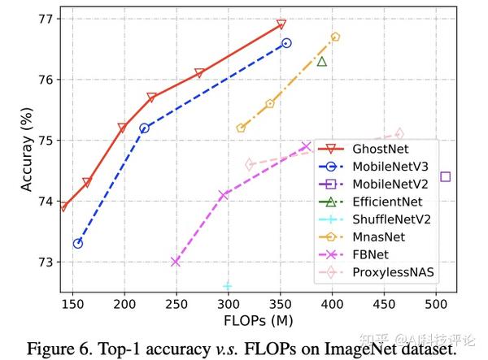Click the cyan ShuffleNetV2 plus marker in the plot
[228, 286]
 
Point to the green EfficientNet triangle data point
[322, 61]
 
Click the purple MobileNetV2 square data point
[445, 176]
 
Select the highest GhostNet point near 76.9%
[281, 24]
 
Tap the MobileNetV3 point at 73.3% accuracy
[77, 243]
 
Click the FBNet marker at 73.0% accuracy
[176, 262]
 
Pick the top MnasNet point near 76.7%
[335, 37]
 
